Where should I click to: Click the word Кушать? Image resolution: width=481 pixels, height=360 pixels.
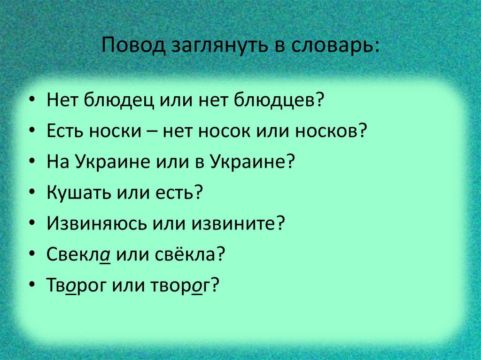[x=77, y=192]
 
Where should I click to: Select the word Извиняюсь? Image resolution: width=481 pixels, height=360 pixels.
[x=96, y=223]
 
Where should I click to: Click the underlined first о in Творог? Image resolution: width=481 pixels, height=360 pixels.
[x=71, y=285]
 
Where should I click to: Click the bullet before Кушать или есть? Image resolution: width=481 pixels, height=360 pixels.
[x=31, y=193]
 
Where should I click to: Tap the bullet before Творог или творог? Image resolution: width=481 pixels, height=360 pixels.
[x=31, y=286]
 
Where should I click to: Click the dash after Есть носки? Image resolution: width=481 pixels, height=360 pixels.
[x=152, y=132]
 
